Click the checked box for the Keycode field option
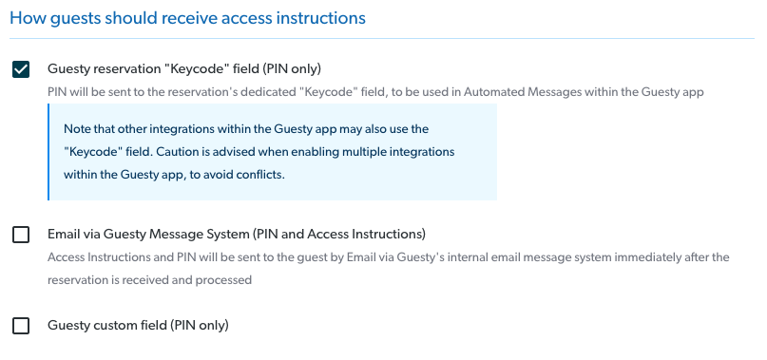click(21, 69)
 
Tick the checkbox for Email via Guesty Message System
click(21, 235)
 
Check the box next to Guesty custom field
click(21, 326)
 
